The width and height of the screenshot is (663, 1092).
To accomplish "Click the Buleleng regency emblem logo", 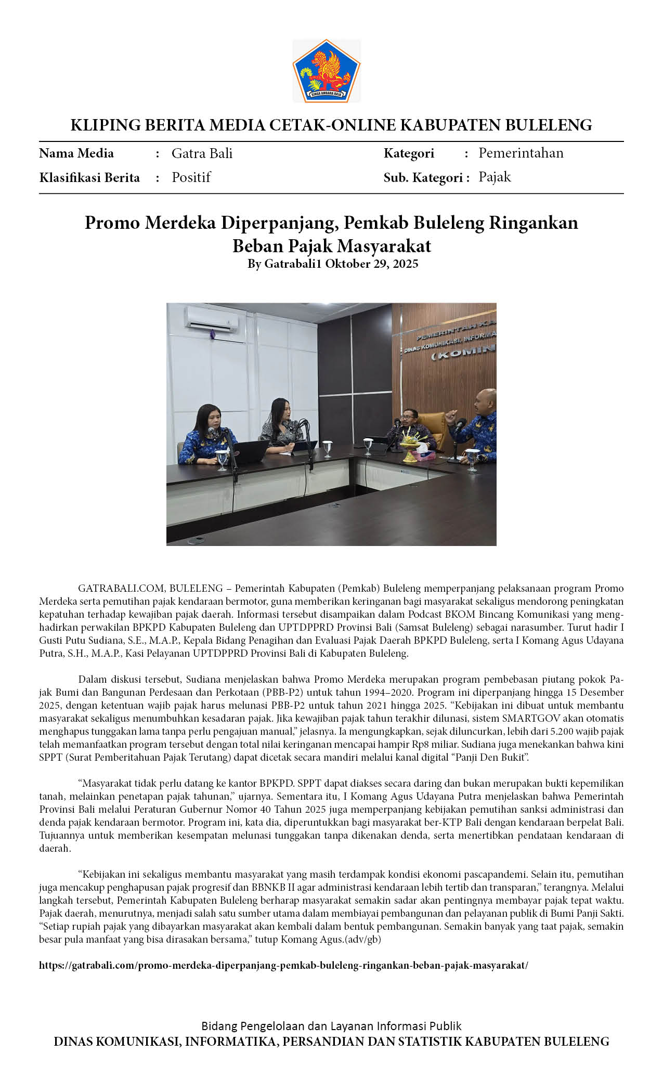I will click(x=326, y=71).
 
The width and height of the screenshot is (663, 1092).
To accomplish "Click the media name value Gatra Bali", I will click(x=202, y=153).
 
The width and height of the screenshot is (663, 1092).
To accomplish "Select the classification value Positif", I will click(x=191, y=177).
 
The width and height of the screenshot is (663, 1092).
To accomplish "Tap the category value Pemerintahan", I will click(x=521, y=153).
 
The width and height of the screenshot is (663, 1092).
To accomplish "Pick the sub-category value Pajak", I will click(x=495, y=177).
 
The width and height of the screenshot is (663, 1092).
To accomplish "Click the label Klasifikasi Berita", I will click(x=89, y=178).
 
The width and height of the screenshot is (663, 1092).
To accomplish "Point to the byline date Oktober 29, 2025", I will click(x=372, y=264).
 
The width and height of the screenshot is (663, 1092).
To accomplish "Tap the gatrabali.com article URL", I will click(x=283, y=965).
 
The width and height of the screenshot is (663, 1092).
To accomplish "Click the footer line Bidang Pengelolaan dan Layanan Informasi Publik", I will click(x=331, y=1026).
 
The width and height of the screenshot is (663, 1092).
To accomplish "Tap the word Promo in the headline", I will click(x=112, y=223).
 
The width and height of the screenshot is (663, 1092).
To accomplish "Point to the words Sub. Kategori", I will click(x=423, y=178).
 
